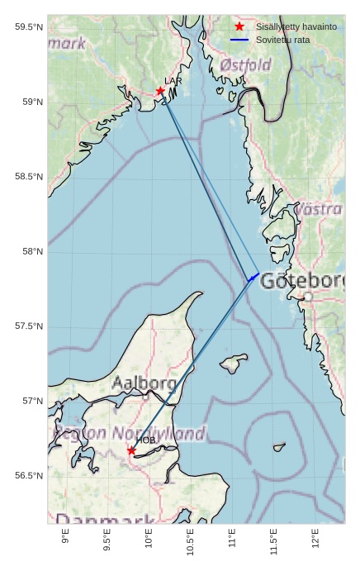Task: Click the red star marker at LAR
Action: pyautogui.click(x=160, y=91)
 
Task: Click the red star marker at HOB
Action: pyautogui.click(x=131, y=450)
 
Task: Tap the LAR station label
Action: pyautogui.click(x=173, y=81)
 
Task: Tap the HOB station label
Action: pyautogui.click(x=146, y=440)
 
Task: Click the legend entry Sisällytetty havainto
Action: pyautogui.click(x=296, y=26)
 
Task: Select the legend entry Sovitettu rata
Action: pyautogui.click(x=282, y=40)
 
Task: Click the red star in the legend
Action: pyautogui.click(x=239, y=26)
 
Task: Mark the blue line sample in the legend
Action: pyautogui.click(x=239, y=40)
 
